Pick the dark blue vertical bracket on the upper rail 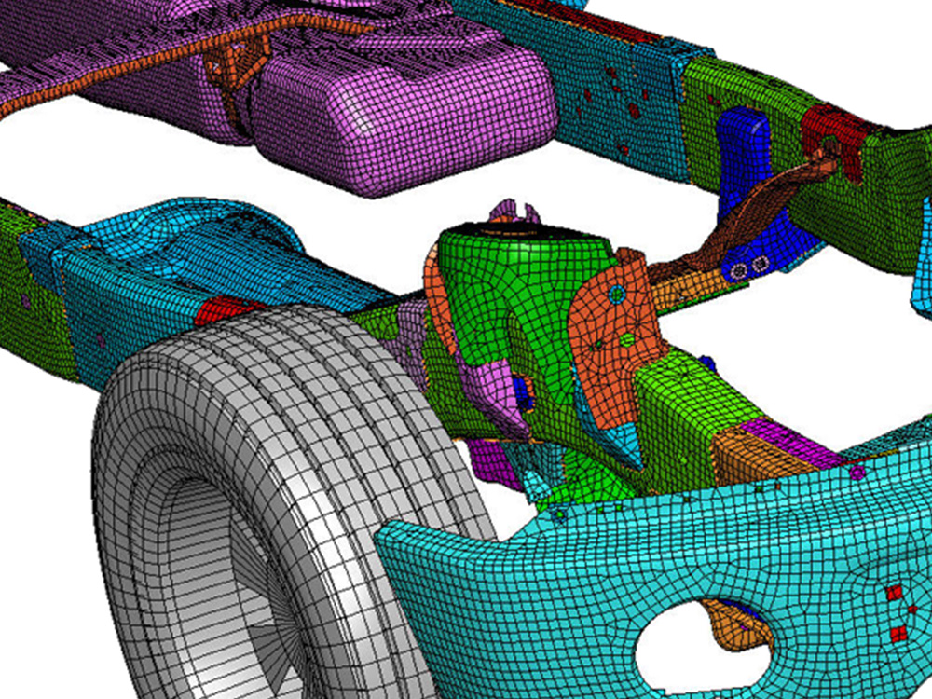(746, 149)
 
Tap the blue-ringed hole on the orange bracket (615, 295)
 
